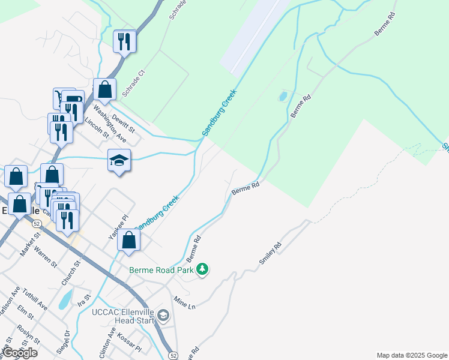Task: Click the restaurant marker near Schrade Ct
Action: tap(125, 41)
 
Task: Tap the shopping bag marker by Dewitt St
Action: tap(104, 90)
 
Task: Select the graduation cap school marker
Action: tap(119, 161)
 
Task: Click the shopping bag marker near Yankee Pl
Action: tap(128, 241)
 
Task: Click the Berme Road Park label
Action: tap(161, 270)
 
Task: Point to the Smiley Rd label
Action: tap(270, 253)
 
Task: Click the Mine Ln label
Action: tap(184, 302)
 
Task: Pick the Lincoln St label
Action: tap(97, 128)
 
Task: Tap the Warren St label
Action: tap(45, 256)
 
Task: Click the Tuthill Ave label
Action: tap(34, 298)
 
